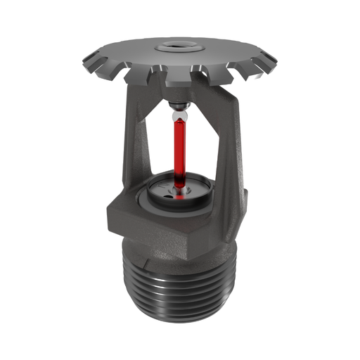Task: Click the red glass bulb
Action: [179, 151]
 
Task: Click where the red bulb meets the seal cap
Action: [179, 188]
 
